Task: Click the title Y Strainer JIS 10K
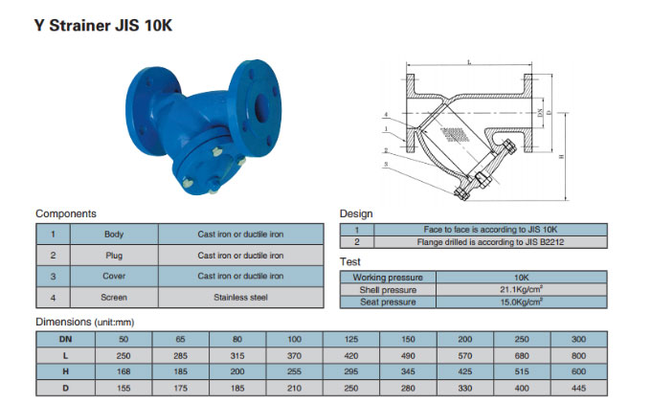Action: (103, 26)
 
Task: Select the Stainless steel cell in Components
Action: (241, 297)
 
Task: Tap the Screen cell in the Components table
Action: (114, 297)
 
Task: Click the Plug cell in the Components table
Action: (114, 256)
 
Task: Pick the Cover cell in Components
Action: (114, 276)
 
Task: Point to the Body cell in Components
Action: (114, 235)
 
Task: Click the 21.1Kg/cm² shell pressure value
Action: (522, 289)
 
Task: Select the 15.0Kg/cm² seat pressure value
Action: (522, 302)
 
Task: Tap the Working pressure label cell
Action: (388, 278)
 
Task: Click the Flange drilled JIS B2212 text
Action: (490, 242)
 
